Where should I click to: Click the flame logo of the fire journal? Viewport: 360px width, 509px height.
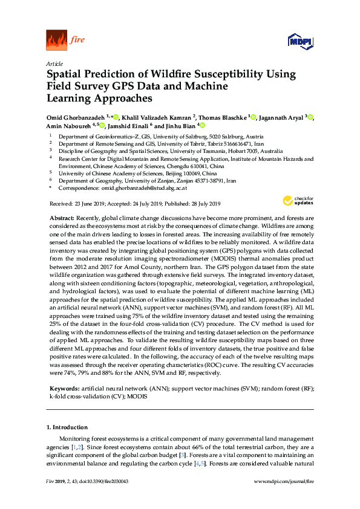56,41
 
